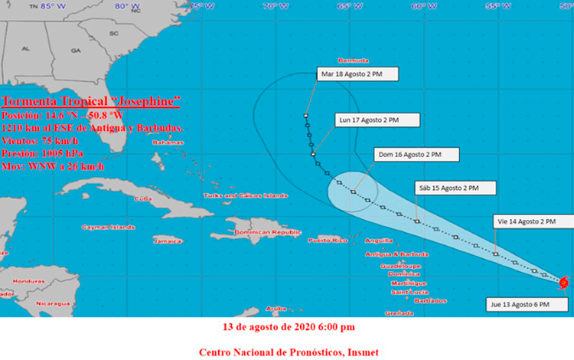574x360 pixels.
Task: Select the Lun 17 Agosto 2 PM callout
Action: [377, 119]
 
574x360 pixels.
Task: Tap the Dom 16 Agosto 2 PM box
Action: [417, 155]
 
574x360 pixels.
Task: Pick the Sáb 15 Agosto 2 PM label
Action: [456, 188]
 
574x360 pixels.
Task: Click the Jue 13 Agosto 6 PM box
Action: [526, 304]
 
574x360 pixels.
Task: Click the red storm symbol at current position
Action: [564, 283]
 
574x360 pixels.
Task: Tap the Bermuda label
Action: [353, 60]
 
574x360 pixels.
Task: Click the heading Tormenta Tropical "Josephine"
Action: [90, 100]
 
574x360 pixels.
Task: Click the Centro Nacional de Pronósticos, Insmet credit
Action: [289, 352]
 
